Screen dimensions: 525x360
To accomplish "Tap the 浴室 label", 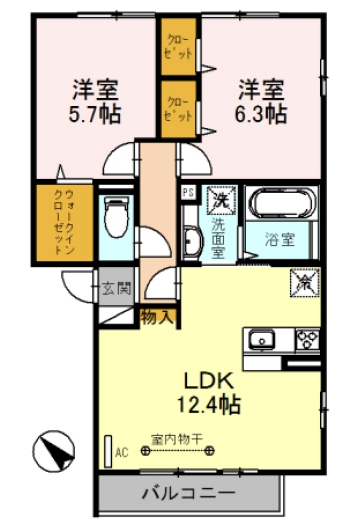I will click(x=280, y=239).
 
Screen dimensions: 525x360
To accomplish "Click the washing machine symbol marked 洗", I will click(x=219, y=200).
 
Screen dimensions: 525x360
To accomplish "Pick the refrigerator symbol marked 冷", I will click(x=303, y=284).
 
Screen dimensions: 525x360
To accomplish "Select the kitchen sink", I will click(x=262, y=338).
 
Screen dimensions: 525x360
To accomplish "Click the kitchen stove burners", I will click(x=305, y=338).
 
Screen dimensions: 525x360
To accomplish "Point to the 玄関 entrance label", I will click(x=115, y=289).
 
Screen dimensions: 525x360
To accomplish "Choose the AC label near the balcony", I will click(x=122, y=452).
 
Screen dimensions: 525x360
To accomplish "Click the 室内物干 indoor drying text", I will click(x=176, y=438).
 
